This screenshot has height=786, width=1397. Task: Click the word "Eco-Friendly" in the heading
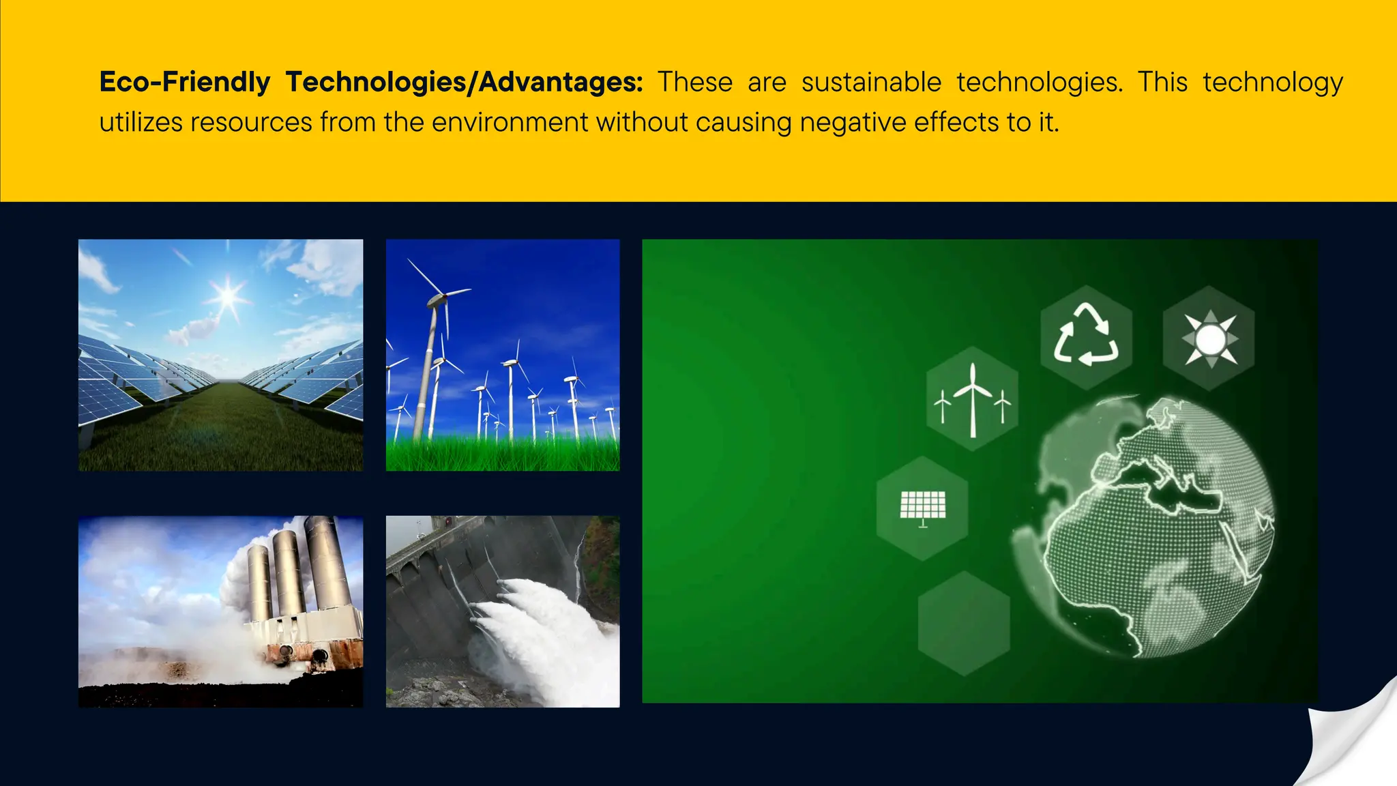(185, 83)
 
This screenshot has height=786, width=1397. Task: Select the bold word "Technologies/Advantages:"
(464, 83)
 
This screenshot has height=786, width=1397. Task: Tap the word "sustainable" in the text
(871, 83)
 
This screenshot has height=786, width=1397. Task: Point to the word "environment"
(510, 123)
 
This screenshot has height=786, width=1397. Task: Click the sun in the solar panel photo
(227, 297)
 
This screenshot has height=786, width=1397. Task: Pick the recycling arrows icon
(1086, 336)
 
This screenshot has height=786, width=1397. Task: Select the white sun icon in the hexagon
(1209, 338)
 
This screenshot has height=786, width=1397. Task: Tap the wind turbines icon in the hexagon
(972, 399)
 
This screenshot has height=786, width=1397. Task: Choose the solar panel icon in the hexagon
(922, 508)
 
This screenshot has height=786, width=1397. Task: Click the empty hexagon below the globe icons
(964, 623)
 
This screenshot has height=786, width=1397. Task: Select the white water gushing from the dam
(539, 635)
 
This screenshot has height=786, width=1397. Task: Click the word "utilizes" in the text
(141, 123)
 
